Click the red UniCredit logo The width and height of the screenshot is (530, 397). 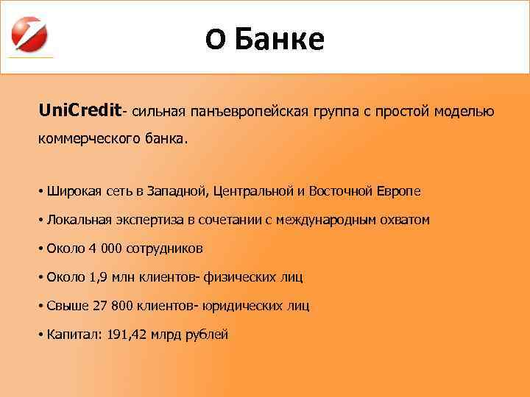coord(30,32)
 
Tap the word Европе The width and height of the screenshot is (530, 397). coord(398,191)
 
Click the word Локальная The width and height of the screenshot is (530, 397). coord(77,220)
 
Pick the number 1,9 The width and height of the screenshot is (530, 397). coord(98,277)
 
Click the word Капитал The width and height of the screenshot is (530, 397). coord(73,335)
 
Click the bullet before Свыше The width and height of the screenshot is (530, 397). coord(40,306)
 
